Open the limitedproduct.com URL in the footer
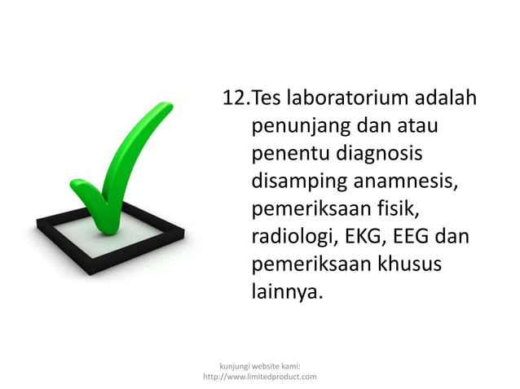click(x=259, y=376)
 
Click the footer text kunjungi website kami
click(x=259, y=365)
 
